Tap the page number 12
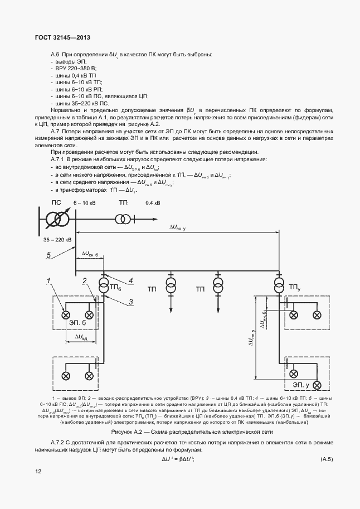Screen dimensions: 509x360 38,472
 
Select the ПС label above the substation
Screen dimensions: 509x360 57,202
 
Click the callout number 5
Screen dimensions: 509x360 48,256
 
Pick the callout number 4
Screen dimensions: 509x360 130,280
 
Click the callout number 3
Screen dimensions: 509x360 130,302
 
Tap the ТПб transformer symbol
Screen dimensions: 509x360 104,287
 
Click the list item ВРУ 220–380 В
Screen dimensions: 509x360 73,67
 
